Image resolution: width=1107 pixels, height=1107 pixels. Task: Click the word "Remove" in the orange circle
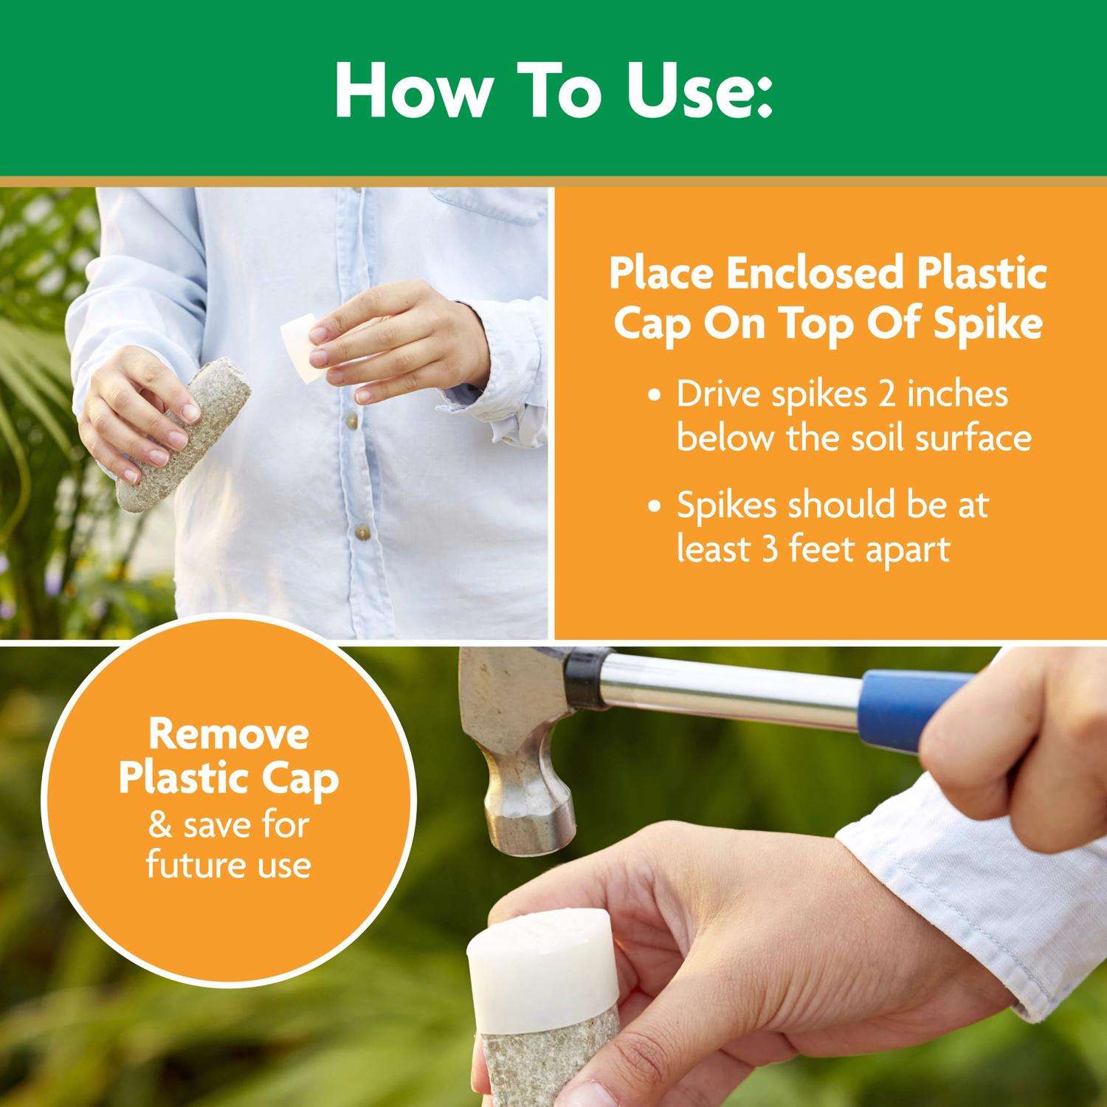coord(229,734)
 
